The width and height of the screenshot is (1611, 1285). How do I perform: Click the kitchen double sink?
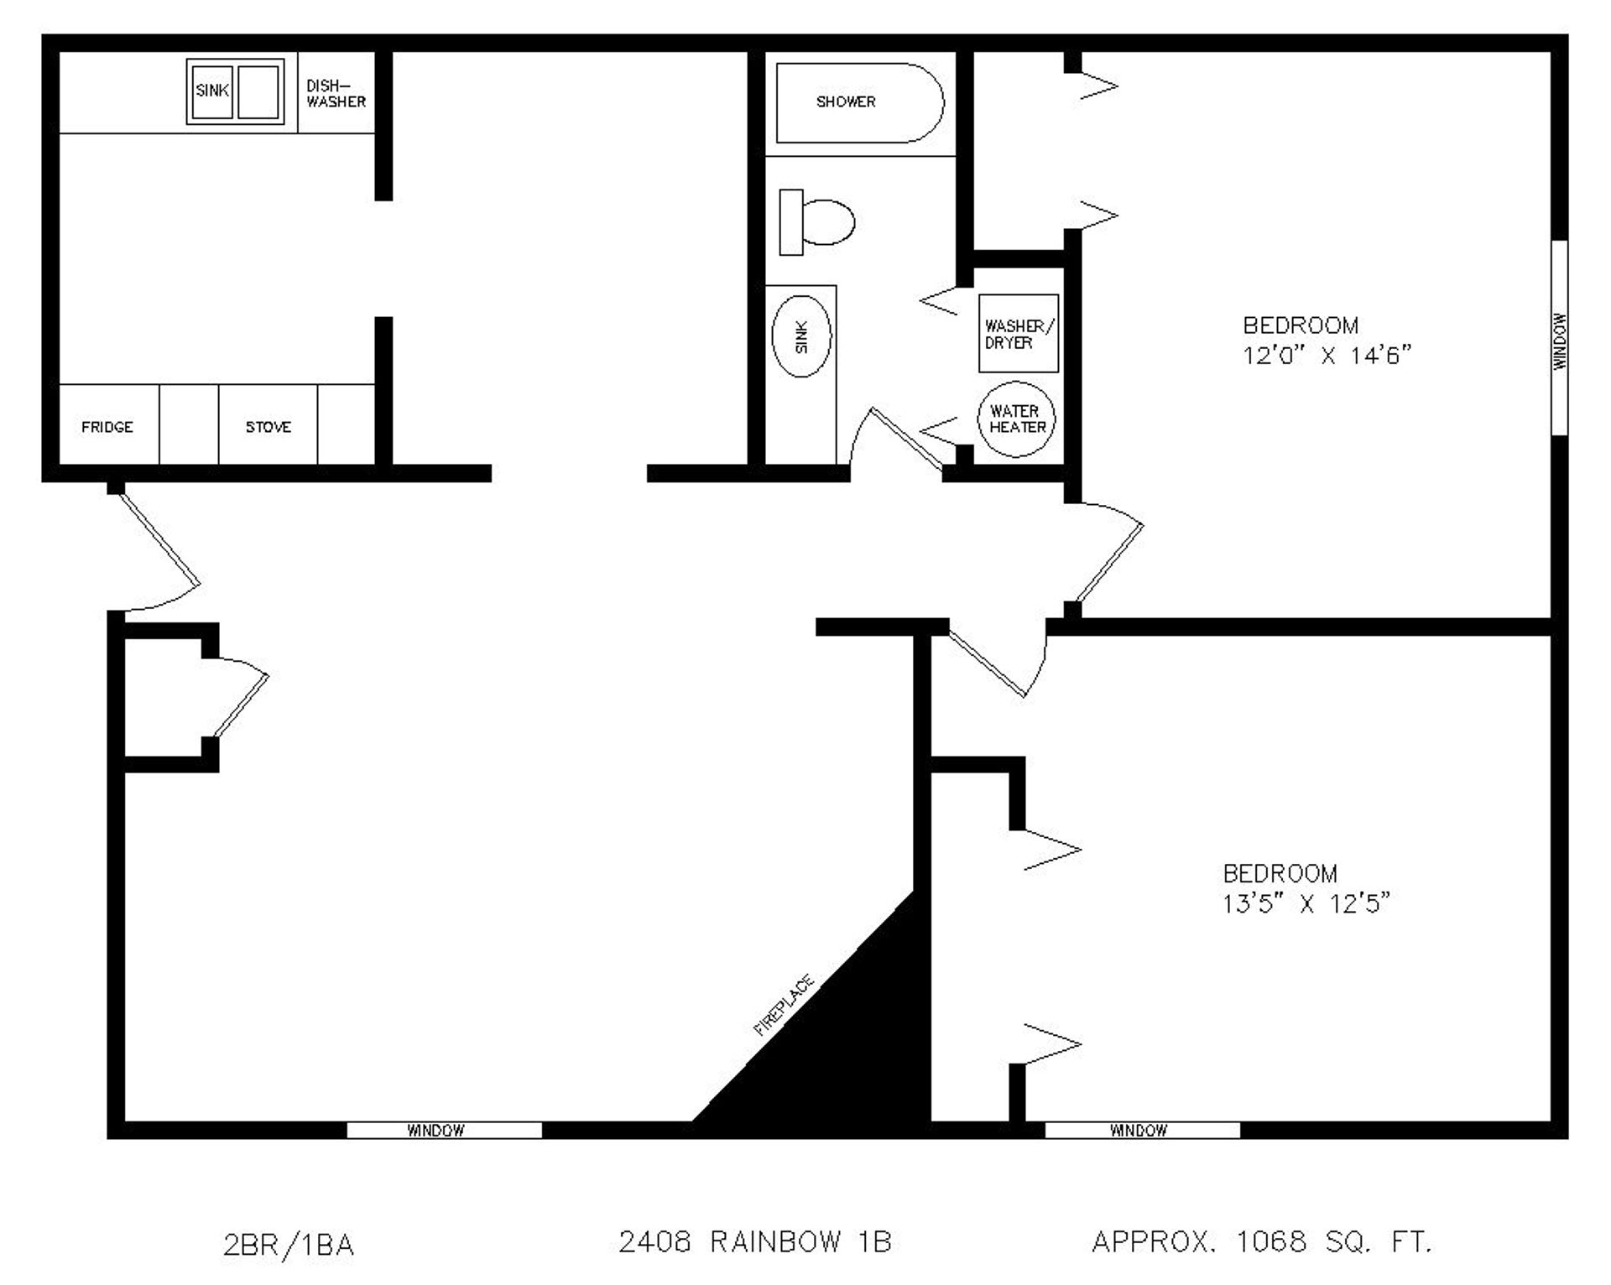(235, 91)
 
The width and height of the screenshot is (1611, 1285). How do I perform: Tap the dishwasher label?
(336, 93)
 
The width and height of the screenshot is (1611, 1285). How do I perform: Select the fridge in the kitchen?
(107, 426)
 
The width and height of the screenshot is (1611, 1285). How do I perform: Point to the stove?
(268, 426)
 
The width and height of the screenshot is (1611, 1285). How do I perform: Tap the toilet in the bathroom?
(818, 222)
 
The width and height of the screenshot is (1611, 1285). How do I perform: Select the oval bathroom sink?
(800, 336)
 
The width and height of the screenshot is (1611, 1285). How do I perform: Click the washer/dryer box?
(1018, 334)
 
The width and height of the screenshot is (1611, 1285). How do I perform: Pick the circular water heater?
(1016, 419)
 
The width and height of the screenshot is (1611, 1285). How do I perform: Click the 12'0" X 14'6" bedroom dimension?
(1327, 356)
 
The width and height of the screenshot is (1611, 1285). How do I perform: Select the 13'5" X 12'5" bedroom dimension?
(1306, 903)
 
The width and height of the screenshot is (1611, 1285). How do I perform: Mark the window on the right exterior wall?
(1559, 338)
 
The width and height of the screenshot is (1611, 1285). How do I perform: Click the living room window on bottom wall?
(444, 1130)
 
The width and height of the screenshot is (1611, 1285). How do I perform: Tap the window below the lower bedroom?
(1142, 1130)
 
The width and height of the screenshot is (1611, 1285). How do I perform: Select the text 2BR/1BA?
(289, 1245)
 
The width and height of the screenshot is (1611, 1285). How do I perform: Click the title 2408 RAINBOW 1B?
(754, 1241)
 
